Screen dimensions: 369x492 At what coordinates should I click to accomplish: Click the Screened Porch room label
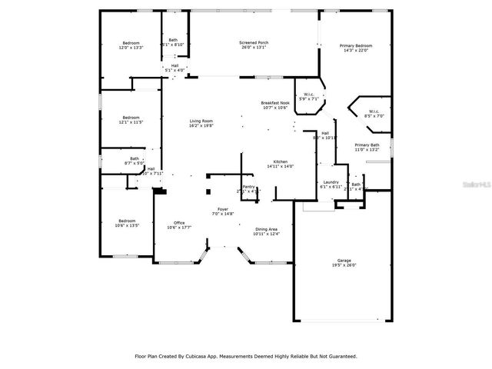pyautogui.click(x=254, y=42)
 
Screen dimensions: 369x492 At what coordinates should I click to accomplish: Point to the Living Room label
pyautogui.click(x=201, y=121)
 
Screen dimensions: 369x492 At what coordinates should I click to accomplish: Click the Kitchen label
pyautogui.click(x=280, y=161)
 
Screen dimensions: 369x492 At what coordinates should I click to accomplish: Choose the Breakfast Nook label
pyautogui.click(x=274, y=103)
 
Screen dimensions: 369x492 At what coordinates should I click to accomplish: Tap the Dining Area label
pyautogui.click(x=267, y=229)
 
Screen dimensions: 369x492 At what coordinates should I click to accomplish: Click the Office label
pyautogui.click(x=178, y=223)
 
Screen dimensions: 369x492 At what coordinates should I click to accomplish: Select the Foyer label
pyautogui.click(x=223, y=209)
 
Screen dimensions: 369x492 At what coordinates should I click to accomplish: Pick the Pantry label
pyautogui.click(x=248, y=186)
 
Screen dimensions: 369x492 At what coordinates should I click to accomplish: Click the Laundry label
pyautogui.click(x=331, y=183)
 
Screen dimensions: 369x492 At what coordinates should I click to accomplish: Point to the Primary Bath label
pyautogui.click(x=367, y=145)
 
